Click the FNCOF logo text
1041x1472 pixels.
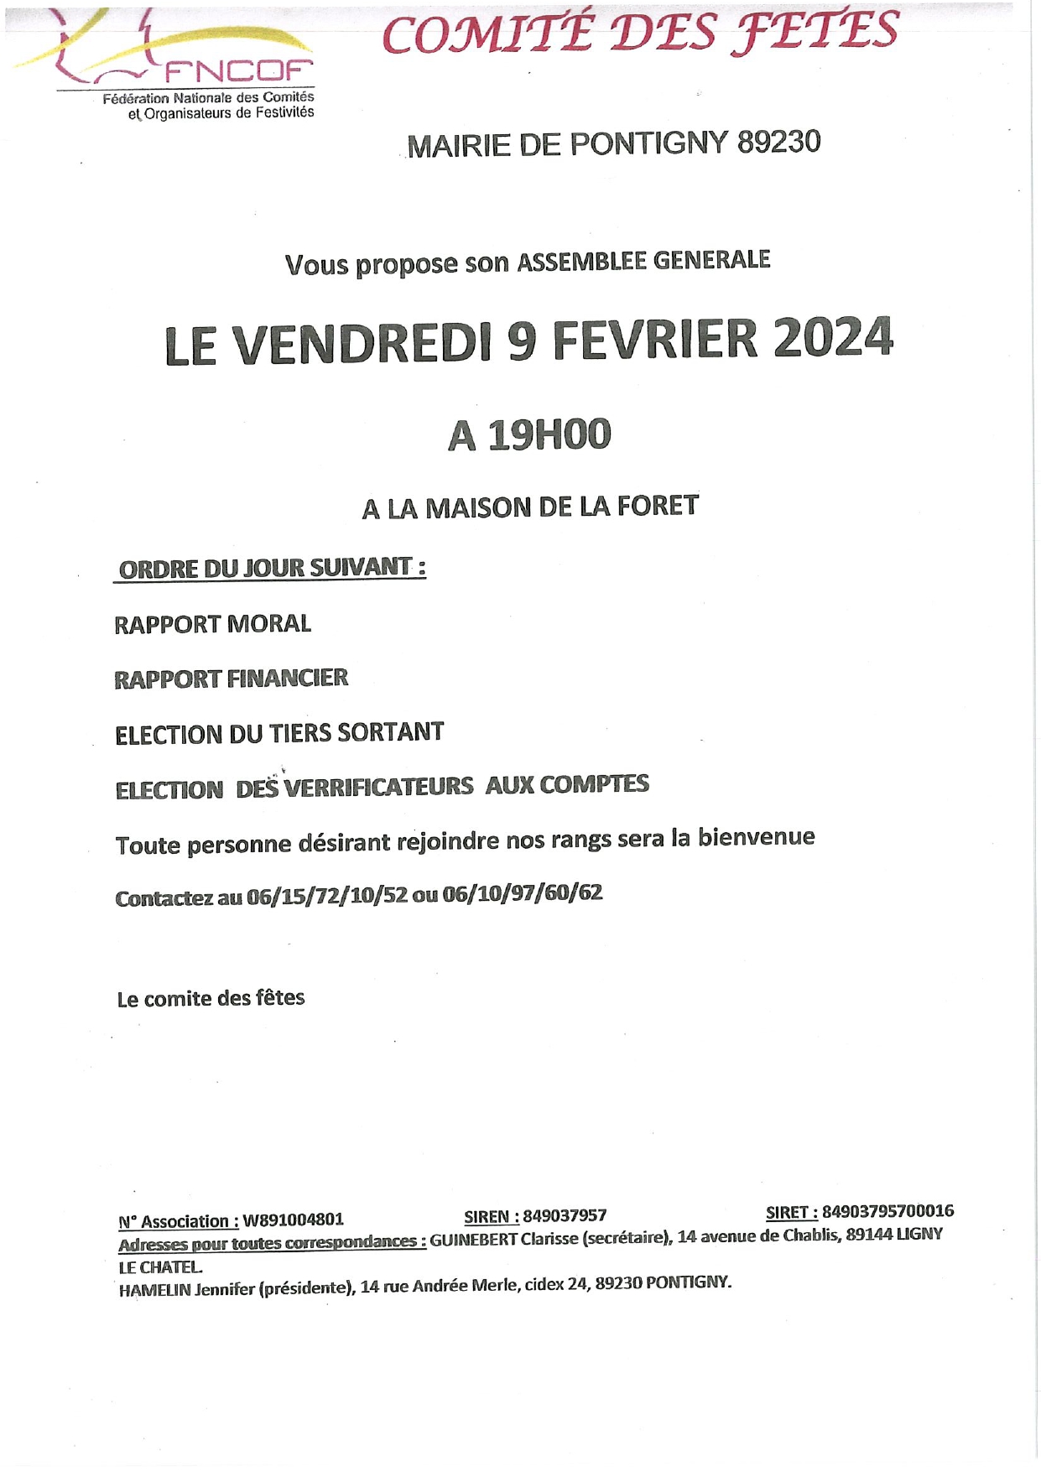coord(238,71)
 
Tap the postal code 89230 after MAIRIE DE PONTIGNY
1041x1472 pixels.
coord(778,143)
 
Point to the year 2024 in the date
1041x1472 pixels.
coord(833,339)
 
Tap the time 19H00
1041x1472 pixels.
coord(549,435)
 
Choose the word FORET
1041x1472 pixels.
coord(658,506)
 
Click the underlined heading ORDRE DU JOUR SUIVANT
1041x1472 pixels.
coord(270,569)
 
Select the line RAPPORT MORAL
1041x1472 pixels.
coord(212,624)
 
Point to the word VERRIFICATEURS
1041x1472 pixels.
coord(378,788)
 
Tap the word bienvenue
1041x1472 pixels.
coord(756,837)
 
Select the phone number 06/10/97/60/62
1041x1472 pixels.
coord(522,893)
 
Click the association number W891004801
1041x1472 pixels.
coord(293,1220)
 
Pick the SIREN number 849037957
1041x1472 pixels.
coord(565,1216)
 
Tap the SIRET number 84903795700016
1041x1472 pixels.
coord(887,1211)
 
